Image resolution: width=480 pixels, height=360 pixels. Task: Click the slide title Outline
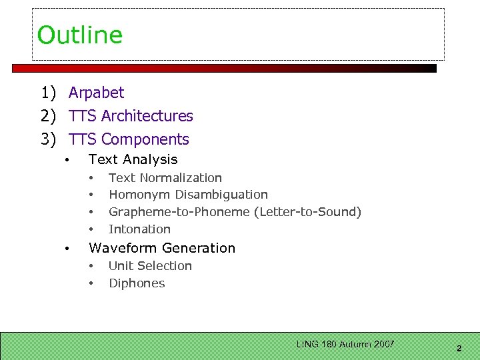click(x=80, y=35)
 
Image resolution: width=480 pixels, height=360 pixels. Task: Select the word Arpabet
click(x=96, y=93)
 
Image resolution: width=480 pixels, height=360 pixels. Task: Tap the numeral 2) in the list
click(x=48, y=116)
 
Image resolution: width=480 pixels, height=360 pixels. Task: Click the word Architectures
click(x=147, y=116)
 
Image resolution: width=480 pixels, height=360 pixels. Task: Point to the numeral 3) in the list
click(x=48, y=139)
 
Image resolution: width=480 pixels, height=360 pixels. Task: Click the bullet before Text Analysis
click(x=67, y=161)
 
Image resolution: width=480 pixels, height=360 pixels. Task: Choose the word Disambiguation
click(x=221, y=195)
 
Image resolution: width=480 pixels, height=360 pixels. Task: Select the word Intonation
click(x=139, y=229)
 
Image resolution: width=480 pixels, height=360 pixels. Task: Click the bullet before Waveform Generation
click(x=67, y=249)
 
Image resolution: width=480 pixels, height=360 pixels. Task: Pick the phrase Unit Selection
click(x=150, y=266)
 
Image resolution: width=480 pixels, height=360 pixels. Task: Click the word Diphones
click(x=137, y=283)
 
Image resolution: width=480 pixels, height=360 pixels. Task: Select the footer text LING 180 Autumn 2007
click(x=345, y=345)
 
